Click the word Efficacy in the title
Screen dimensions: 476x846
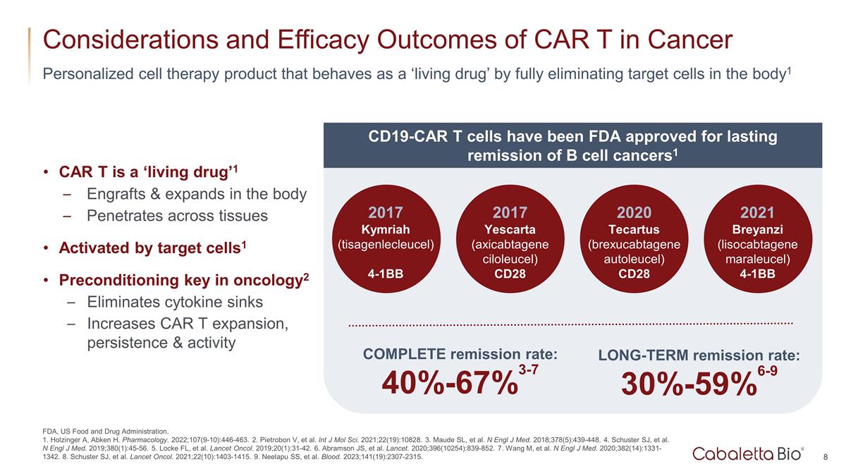pos(298,39)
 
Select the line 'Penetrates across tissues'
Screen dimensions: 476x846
pos(177,215)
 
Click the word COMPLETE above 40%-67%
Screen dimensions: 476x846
pos(404,354)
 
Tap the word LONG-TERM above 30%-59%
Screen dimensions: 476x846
pos(642,356)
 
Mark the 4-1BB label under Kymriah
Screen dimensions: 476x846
pos(386,274)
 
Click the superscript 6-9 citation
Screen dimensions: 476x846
pos(768,370)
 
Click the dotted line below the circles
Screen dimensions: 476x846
pos(571,324)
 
